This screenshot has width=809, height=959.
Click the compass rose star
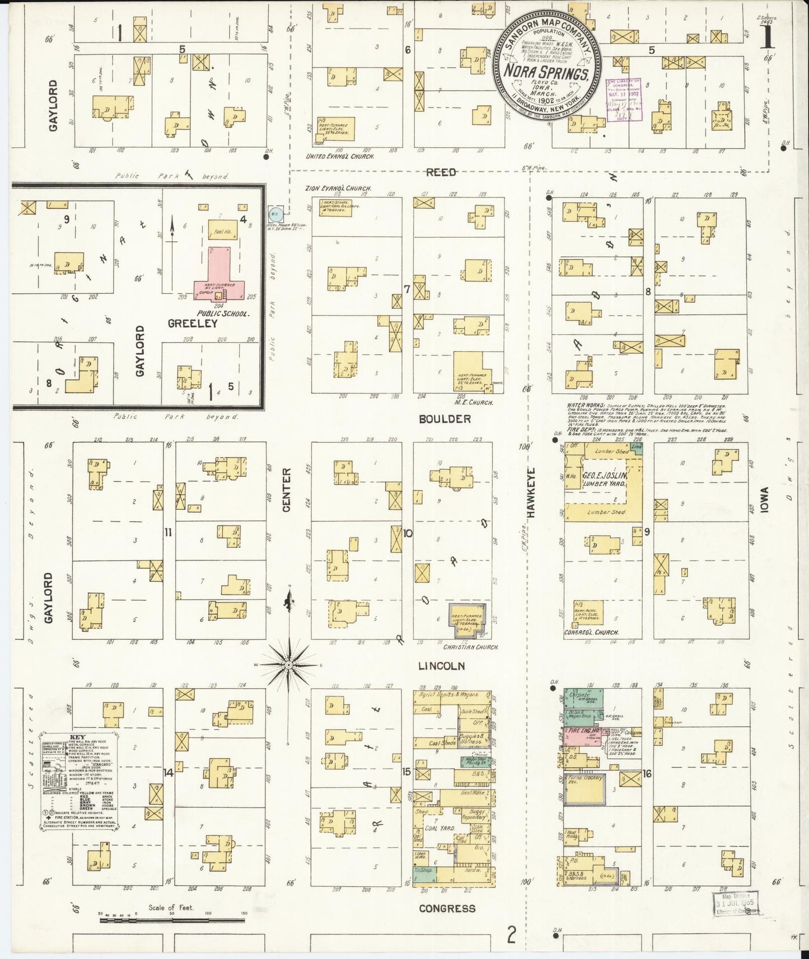(x=288, y=665)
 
